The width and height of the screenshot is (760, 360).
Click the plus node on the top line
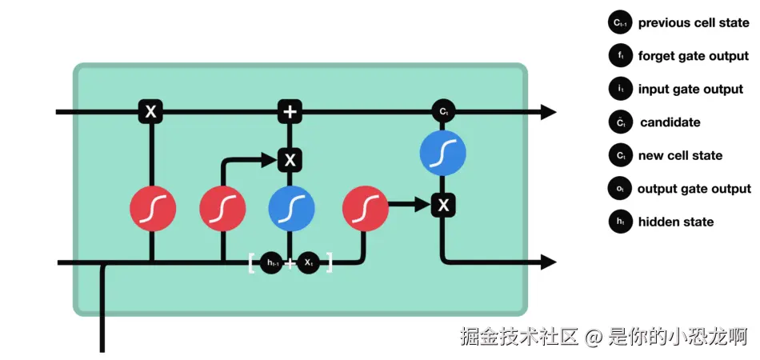(290, 112)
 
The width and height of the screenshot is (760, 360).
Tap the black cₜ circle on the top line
(442, 112)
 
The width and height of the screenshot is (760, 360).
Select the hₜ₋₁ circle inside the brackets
(271, 262)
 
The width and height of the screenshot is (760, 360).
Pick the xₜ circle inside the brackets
(309, 262)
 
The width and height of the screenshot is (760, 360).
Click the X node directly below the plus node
(290, 160)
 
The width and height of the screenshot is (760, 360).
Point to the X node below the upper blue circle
(442, 206)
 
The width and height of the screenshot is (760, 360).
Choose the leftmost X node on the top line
(150, 112)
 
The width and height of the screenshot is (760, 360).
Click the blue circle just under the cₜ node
(442, 153)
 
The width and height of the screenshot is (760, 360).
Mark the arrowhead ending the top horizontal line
(548, 112)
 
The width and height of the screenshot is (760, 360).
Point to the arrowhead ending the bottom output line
(548, 262)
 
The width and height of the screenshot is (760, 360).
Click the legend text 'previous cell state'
(693, 23)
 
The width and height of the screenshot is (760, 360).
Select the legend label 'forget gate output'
(693, 56)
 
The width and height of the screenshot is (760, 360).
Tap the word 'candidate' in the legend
(670, 122)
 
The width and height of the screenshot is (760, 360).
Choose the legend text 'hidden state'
(675, 222)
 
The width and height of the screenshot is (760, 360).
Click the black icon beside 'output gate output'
(620, 190)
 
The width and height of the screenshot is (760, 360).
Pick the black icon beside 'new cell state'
(620, 156)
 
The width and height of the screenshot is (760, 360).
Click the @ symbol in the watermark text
(592, 337)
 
